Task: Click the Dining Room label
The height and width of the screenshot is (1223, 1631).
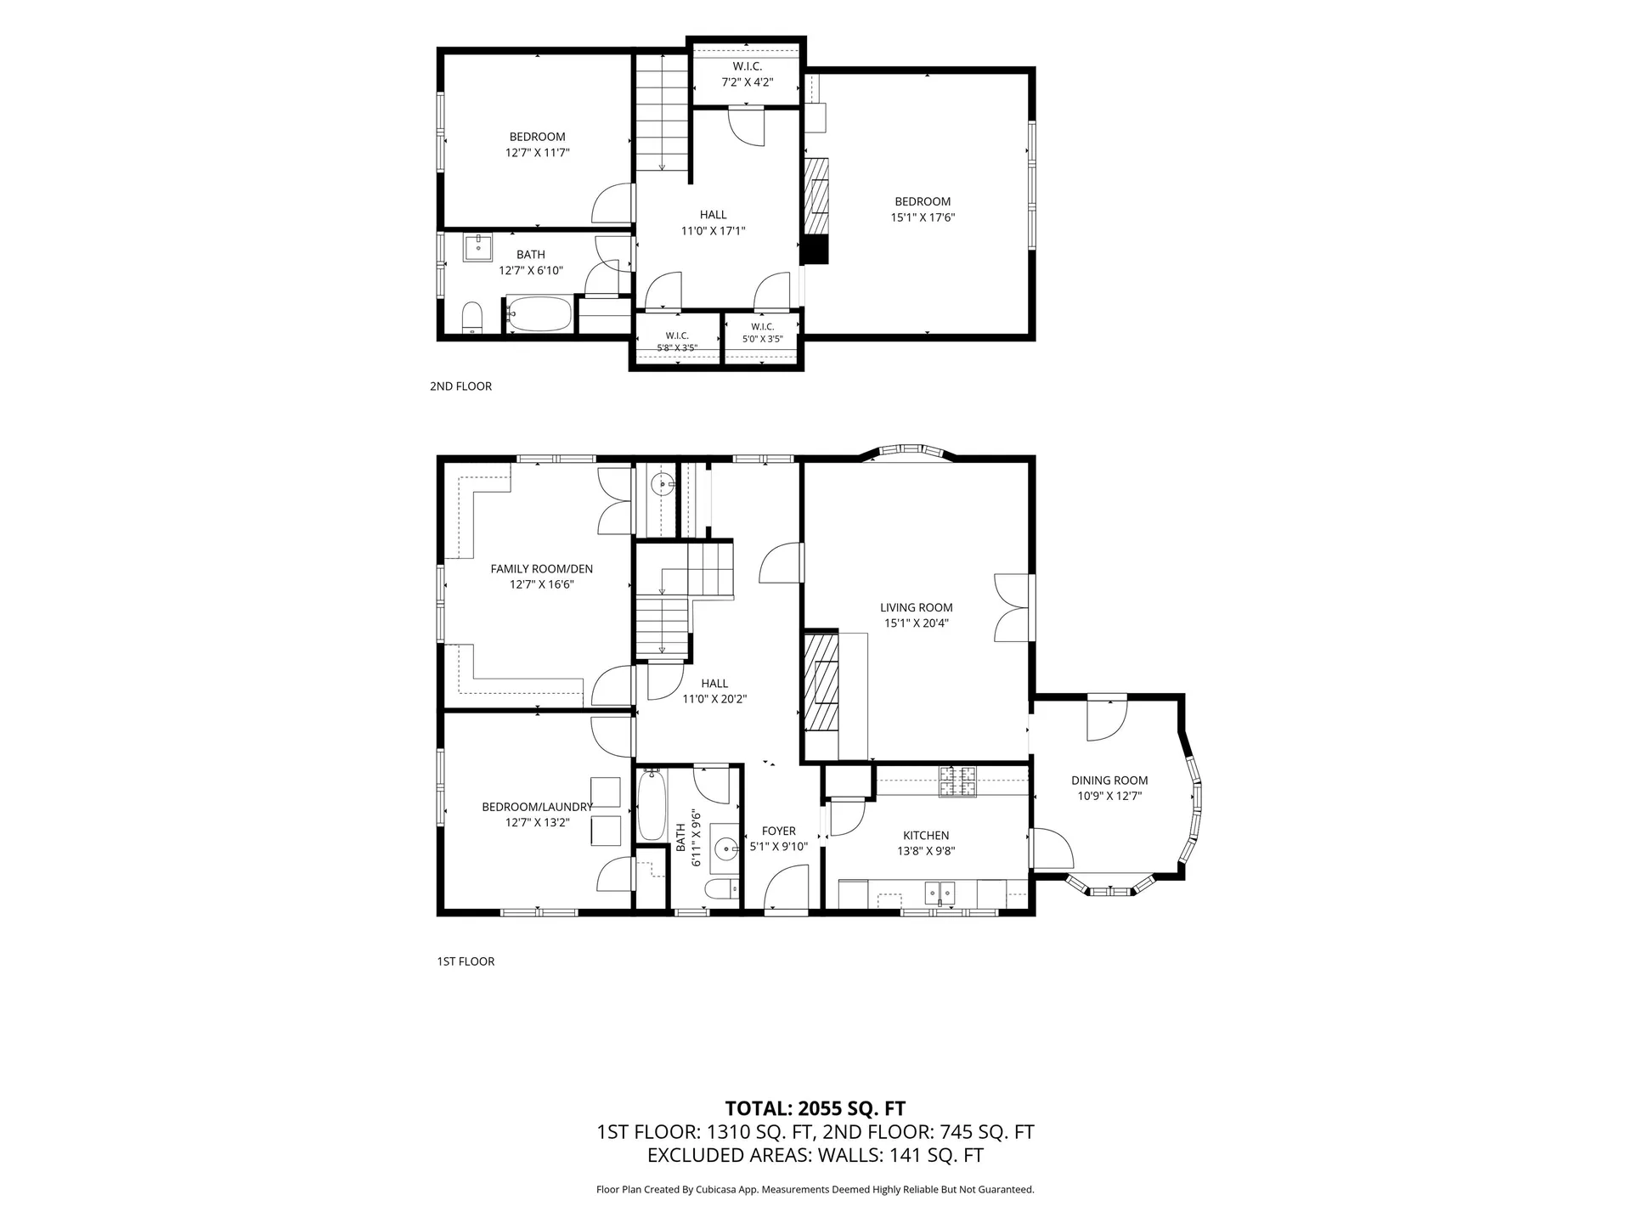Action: pyautogui.click(x=1109, y=781)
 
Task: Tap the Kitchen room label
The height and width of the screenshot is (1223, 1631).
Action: pyautogui.click(x=926, y=836)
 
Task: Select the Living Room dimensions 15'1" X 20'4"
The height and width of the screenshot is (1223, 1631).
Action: pyautogui.click(x=917, y=623)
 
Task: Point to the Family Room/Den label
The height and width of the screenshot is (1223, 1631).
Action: pyautogui.click(x=542, y=569)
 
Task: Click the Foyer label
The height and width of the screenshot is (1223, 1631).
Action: pyautogui.click(x=779, y=831)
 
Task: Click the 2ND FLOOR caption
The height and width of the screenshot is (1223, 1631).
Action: pyautogui.click(x=460, y=386)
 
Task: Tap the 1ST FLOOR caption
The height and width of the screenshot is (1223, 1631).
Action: pyautogui.click(x=466, y=961)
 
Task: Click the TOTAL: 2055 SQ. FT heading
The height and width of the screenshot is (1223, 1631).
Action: pyautogui.click(x=815, y=1108)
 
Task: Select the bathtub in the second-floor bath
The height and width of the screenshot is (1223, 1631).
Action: pyautogui.click(x=539, y=313)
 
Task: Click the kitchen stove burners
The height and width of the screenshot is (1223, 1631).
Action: pyautogui.click(x=957, y=781)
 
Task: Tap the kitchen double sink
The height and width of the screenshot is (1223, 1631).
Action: pyautogui.click(x=940, y=893)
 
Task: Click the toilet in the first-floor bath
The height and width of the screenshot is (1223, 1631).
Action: pyautogui.click(x=720, y=890)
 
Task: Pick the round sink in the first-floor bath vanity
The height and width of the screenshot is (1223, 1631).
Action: pyautogui.click(x=725, y=848)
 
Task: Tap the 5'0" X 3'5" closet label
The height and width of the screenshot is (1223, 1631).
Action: pyautogui.click(x=763, y=333)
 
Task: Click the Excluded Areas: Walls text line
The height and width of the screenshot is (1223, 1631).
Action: pyautogui.click(x=815, y=1155)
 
